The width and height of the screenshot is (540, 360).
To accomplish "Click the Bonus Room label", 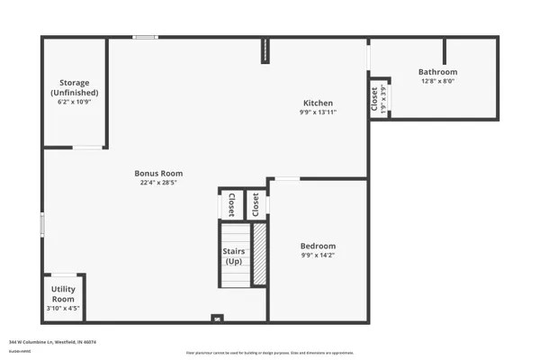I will [x=158, y=173].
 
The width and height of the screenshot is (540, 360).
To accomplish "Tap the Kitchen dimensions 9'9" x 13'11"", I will [x=318, y=112].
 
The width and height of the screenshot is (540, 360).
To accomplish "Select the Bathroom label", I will [x=438, y=72].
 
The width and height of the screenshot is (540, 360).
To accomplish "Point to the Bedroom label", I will [x=318, y=246].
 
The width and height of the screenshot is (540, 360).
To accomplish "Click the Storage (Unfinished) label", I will [x=74, y=88].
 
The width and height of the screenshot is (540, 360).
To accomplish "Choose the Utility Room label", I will [x=63, y=294].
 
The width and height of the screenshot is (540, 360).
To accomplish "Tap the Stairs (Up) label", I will [x=234, y=256].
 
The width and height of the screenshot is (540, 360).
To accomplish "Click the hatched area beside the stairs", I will [x=259, y=255].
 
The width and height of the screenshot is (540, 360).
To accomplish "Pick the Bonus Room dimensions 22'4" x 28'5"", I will [x=158, y=183].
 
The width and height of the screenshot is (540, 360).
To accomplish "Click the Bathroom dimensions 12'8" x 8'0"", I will [x=438, y=82].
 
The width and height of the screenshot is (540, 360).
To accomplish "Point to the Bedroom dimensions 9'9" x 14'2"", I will [x=318, y=256].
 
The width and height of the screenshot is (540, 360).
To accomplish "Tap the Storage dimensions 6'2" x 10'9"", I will [x=74, y=103].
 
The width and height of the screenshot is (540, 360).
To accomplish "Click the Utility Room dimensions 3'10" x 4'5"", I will [x=63, y=309].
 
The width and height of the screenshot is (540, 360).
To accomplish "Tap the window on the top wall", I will [x=145, y=37].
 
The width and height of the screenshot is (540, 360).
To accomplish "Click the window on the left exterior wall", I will [x=41, y=224].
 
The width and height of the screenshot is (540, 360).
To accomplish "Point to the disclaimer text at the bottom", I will [x=269, y=353].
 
